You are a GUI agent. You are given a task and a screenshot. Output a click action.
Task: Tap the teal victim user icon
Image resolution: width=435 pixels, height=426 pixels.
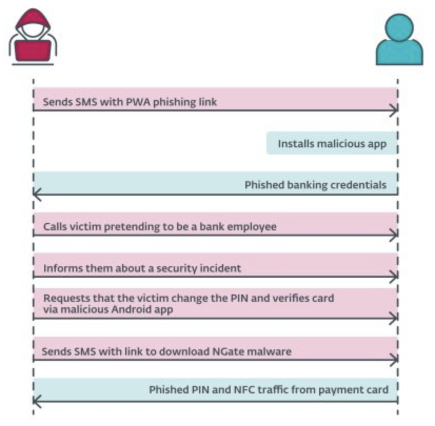pyautogui.click(x=400, y=39)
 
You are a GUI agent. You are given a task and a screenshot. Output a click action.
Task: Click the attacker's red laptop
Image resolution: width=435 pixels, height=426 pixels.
pyautogui.click(x=33, y=50)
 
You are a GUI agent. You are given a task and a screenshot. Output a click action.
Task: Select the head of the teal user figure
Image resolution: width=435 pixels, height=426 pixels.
pyautogui.click(x=399, y=27)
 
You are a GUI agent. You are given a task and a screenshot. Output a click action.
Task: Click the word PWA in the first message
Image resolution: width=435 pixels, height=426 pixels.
pyautogui.click(x=138, y=102)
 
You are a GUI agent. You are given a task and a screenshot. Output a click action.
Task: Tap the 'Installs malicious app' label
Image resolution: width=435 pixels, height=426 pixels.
pyautogui.click(x=332, y=144)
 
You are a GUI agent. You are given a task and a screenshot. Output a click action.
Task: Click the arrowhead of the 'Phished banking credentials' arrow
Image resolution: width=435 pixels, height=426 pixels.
pyautogui.click(x=37, y=195)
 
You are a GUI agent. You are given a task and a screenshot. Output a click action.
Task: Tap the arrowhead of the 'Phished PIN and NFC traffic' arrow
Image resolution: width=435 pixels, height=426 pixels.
pyautogui.click(x=37, y=401)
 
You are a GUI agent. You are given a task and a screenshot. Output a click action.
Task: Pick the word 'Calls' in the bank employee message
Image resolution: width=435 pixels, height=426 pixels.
pyautogui.click(x=55, y=227)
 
